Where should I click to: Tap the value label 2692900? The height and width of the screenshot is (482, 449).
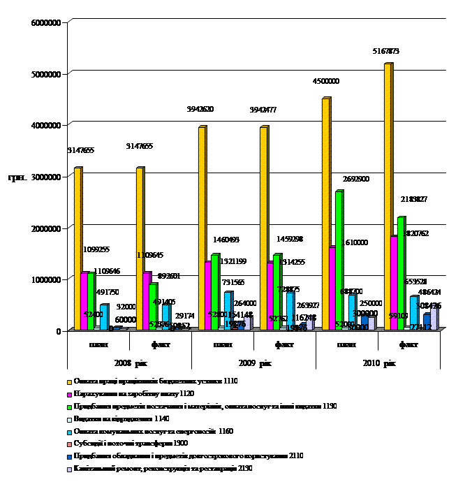(x=356, y=179)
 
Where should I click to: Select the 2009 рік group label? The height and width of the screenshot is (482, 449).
(x=253, y=363)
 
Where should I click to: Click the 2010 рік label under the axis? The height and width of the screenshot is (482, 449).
(x=378, y=363)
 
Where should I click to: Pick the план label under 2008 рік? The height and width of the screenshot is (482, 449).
(x=98, y=344)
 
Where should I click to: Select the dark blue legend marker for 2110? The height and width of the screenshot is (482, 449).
(x=69, y=457)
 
